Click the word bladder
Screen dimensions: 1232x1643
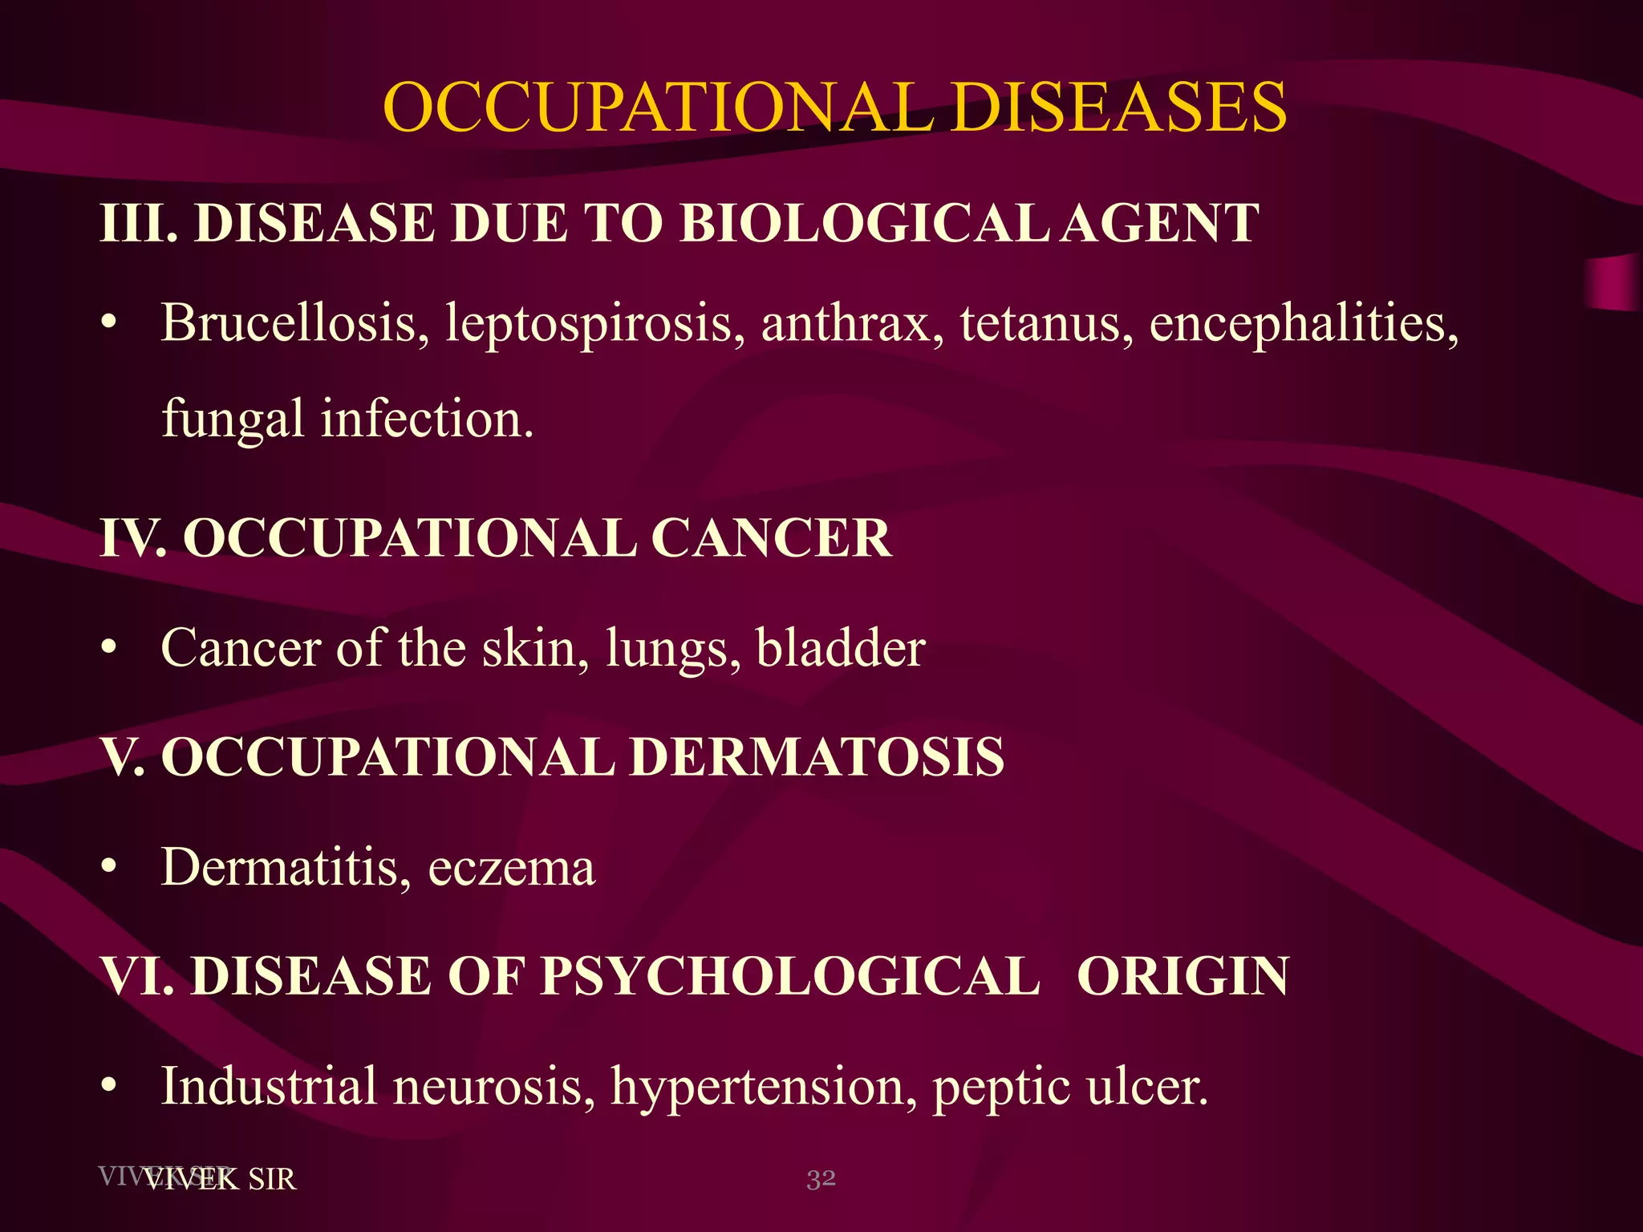841,648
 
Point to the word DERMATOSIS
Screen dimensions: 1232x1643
816,757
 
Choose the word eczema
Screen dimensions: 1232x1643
511,868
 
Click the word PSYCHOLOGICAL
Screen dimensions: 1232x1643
789,976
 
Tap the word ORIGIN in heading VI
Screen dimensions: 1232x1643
1183,976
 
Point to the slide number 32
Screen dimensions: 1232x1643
821,1178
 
